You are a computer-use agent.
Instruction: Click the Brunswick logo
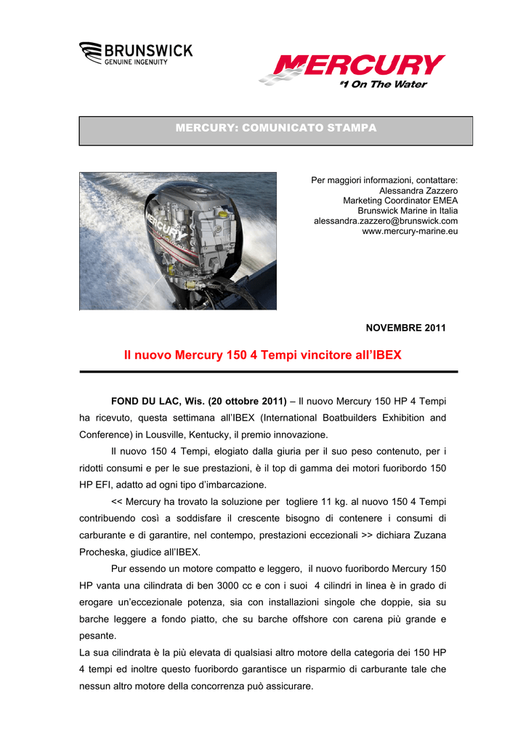pos(136,54)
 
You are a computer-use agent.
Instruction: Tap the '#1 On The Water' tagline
pos(383,85)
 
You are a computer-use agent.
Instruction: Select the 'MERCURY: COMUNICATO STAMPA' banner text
pos(276,128)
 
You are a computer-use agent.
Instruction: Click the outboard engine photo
pos(177,240)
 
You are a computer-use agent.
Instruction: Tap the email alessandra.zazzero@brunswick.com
pos(385,221)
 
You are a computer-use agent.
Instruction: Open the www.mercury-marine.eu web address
pos(410,231)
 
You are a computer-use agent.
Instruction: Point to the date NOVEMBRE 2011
pos(405,328)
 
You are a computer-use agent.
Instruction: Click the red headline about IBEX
pos(262,355)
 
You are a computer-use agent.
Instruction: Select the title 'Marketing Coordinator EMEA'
pos(400,201)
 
